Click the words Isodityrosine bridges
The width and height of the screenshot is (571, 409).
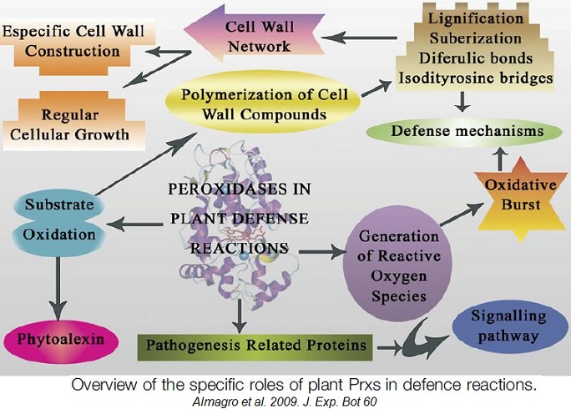pyautogui.click(x=477, y=78)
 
